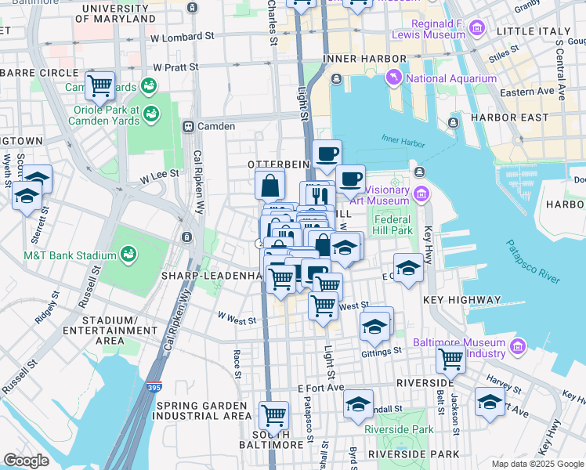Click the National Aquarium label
[x=450, y=78]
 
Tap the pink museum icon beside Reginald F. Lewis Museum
[x=476, y=31]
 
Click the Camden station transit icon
[x=188, y=126]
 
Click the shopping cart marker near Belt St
[x=450, y=359]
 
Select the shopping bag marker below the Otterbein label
[x=269, y=186]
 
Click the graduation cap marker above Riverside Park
[x=359, y=403]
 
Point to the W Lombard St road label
[x=183, y=37]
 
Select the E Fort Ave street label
[x=321, y=388]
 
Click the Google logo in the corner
[x=26, y=461]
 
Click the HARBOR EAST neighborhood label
[x=505, y=117]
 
